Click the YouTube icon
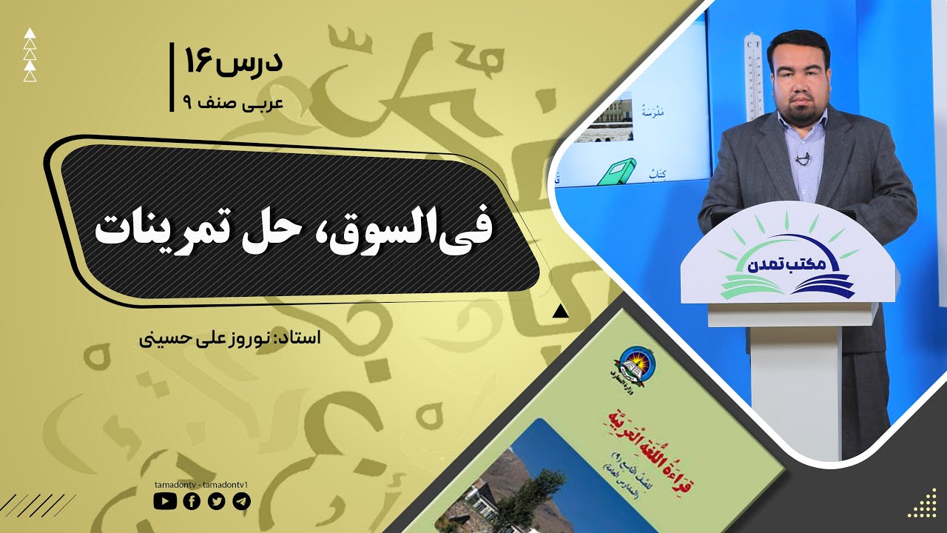(x=165, y=501)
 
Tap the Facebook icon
(x=191, y=501)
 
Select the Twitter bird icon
(x=216, y=501)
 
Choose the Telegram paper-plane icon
(x=241, y=501)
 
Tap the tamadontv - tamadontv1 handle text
(x=202, y=484)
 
